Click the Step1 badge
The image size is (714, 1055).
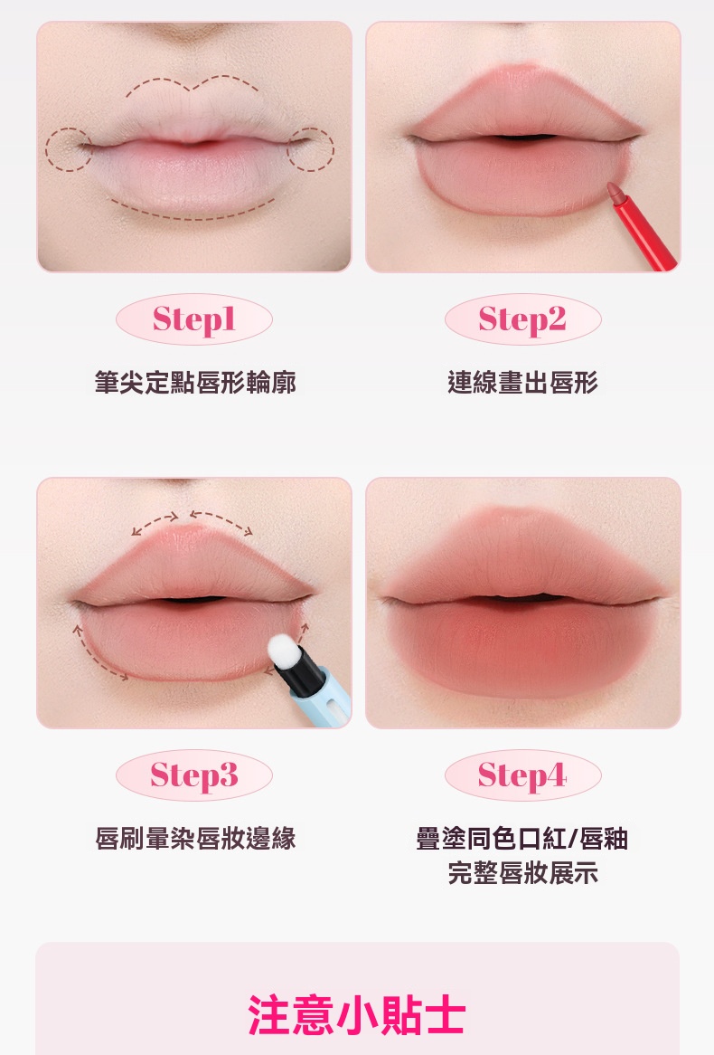(x=193, y=319)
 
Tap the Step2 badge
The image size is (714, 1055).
(x=522, y=319)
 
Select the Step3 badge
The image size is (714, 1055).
(x=193, y=775)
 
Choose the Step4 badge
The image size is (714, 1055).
(x=522, y=775)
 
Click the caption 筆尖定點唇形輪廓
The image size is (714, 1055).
(x=195, y=382)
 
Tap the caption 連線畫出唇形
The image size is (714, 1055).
(x=522, y=382)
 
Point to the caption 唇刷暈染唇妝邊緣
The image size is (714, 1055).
(x=195, y=839)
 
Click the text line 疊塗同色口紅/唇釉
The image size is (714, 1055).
(x=522, y=839)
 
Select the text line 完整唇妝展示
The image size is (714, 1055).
(x=522, y=872)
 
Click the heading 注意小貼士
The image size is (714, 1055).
(x=356, y=1014)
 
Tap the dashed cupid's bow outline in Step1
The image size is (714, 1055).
(x=193, y=86)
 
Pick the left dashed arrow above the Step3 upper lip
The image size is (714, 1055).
(x=155, y=520)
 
